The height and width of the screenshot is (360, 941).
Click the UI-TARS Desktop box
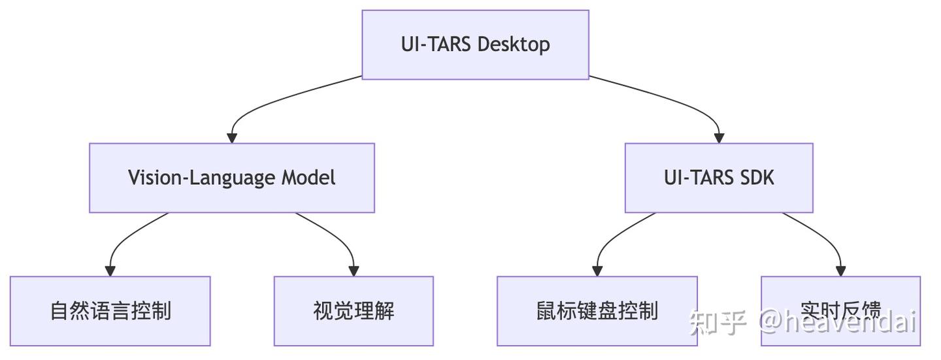tap(475, 44)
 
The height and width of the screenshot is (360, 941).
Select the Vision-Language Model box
tap(231, 178)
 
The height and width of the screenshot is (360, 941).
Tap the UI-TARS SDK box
tap(719, 178)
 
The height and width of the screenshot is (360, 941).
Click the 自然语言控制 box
tap(110, 311)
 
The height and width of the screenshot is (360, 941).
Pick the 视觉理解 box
tap(354, 311)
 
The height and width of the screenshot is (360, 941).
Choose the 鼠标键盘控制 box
tap(597, 311)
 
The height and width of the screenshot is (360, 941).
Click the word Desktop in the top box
tap(514, 44)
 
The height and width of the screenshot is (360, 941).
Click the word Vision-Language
tap(203, 178)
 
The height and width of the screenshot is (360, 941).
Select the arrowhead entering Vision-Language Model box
tap(231, 138)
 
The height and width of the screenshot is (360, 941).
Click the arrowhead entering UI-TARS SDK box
tap(719, 138)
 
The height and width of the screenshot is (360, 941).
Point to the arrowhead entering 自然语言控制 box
tap(110, 271)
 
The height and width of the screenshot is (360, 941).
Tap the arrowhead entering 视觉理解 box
tap(354, 271)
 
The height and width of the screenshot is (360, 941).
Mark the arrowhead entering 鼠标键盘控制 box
tap(597, 271)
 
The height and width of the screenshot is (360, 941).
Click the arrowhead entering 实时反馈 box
tap(840, 271)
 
